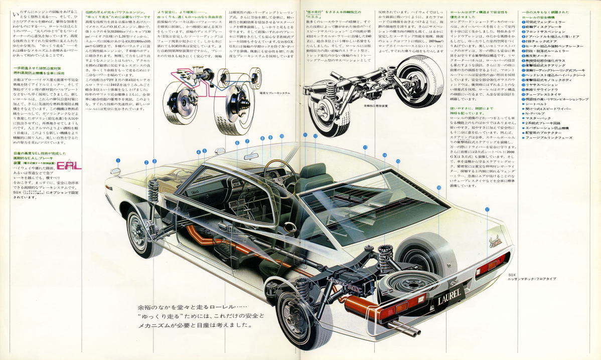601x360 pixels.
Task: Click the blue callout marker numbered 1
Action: [118, 160]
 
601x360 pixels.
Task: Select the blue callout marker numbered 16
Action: [438, 187]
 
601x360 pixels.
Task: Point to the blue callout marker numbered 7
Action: [247, 141]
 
